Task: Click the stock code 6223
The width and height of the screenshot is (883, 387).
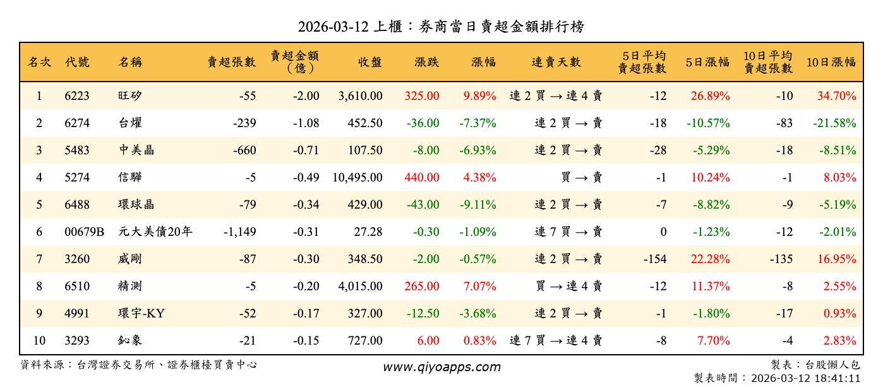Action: coord(77,96)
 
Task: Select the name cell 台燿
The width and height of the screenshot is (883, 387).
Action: coord(130,123)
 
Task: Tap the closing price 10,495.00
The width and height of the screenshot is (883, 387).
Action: coord(357,178)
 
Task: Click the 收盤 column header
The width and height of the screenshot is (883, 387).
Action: coord(370,62)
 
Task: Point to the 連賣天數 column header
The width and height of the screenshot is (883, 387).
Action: coord(556,62)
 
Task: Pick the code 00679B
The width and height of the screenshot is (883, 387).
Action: coord(84,232)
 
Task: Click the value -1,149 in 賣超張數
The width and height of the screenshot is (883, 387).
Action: coord(240,232)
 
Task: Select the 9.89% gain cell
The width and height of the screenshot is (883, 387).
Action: coord(479,96)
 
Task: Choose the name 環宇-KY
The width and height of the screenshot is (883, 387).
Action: coord(141,314)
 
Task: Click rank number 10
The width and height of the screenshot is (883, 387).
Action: coord(39,341)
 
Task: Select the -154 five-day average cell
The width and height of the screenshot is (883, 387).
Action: coord(654,259)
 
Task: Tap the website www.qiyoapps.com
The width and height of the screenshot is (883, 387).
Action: coord(441,367)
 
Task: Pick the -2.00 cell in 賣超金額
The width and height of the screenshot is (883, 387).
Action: coord(306,96)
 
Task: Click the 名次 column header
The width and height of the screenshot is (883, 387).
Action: coord(39,62)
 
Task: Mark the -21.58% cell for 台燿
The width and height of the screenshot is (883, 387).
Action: coord(834,123)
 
